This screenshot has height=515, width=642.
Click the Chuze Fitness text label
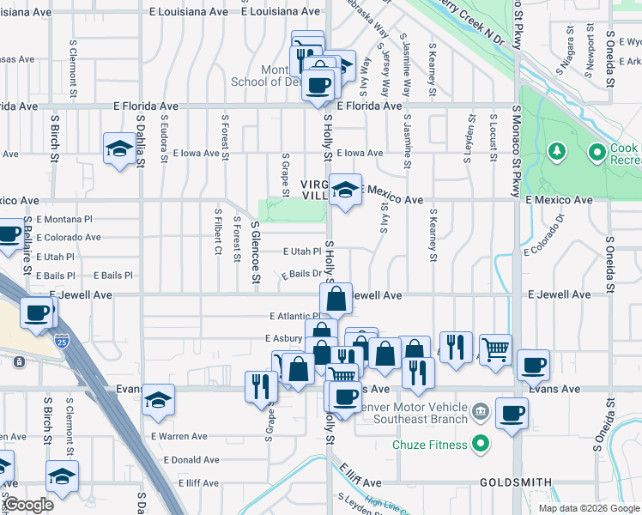[x=430, y=445]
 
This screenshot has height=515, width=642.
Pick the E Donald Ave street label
[x=179, y=460]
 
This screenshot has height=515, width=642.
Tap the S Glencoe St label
[x=255, y=251]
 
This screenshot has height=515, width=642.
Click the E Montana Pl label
[x=70, y=221]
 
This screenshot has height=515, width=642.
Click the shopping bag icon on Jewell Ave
[x=336, y=299]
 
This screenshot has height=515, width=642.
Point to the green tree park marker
[x=557, y=153]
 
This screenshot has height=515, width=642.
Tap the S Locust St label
[x=494, y=137]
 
